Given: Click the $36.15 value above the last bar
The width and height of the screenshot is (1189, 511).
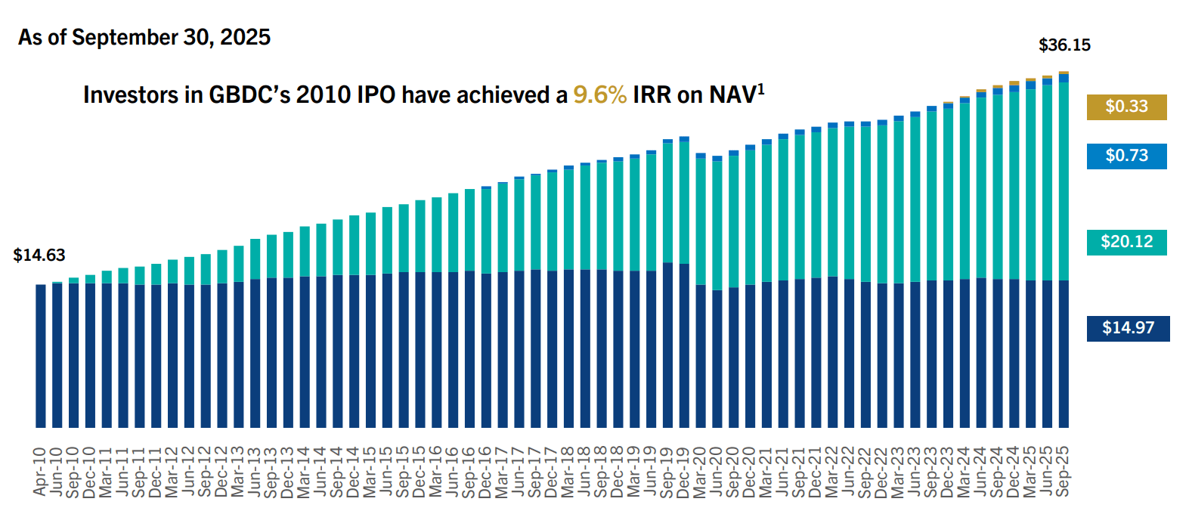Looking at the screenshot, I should click(x=1064, y=45).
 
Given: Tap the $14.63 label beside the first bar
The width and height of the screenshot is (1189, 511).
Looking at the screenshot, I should click(x=39, y=255).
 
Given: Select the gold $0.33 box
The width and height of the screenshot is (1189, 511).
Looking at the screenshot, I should click(x=1126, y=107).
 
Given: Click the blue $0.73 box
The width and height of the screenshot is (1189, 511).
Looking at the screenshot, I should click(x=1126, y=156).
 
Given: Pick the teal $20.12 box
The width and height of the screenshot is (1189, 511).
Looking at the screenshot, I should click(x=1126, y=242).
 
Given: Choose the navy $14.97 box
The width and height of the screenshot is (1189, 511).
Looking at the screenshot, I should click(x=1128, y=328).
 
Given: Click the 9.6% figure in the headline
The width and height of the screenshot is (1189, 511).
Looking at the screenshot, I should click(x=599, y=95).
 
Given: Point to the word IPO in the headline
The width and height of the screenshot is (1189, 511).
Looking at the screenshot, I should click(x=376, y=95).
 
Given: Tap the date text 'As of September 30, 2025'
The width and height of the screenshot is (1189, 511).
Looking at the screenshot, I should click(x=144, y=37).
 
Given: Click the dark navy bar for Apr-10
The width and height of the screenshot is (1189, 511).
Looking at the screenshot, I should click(x=41, y=355).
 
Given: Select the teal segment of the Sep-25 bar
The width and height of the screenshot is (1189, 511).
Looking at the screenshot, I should click(x=1064, y=181).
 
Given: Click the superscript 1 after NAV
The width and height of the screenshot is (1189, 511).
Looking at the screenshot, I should click(x=761, y=88).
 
